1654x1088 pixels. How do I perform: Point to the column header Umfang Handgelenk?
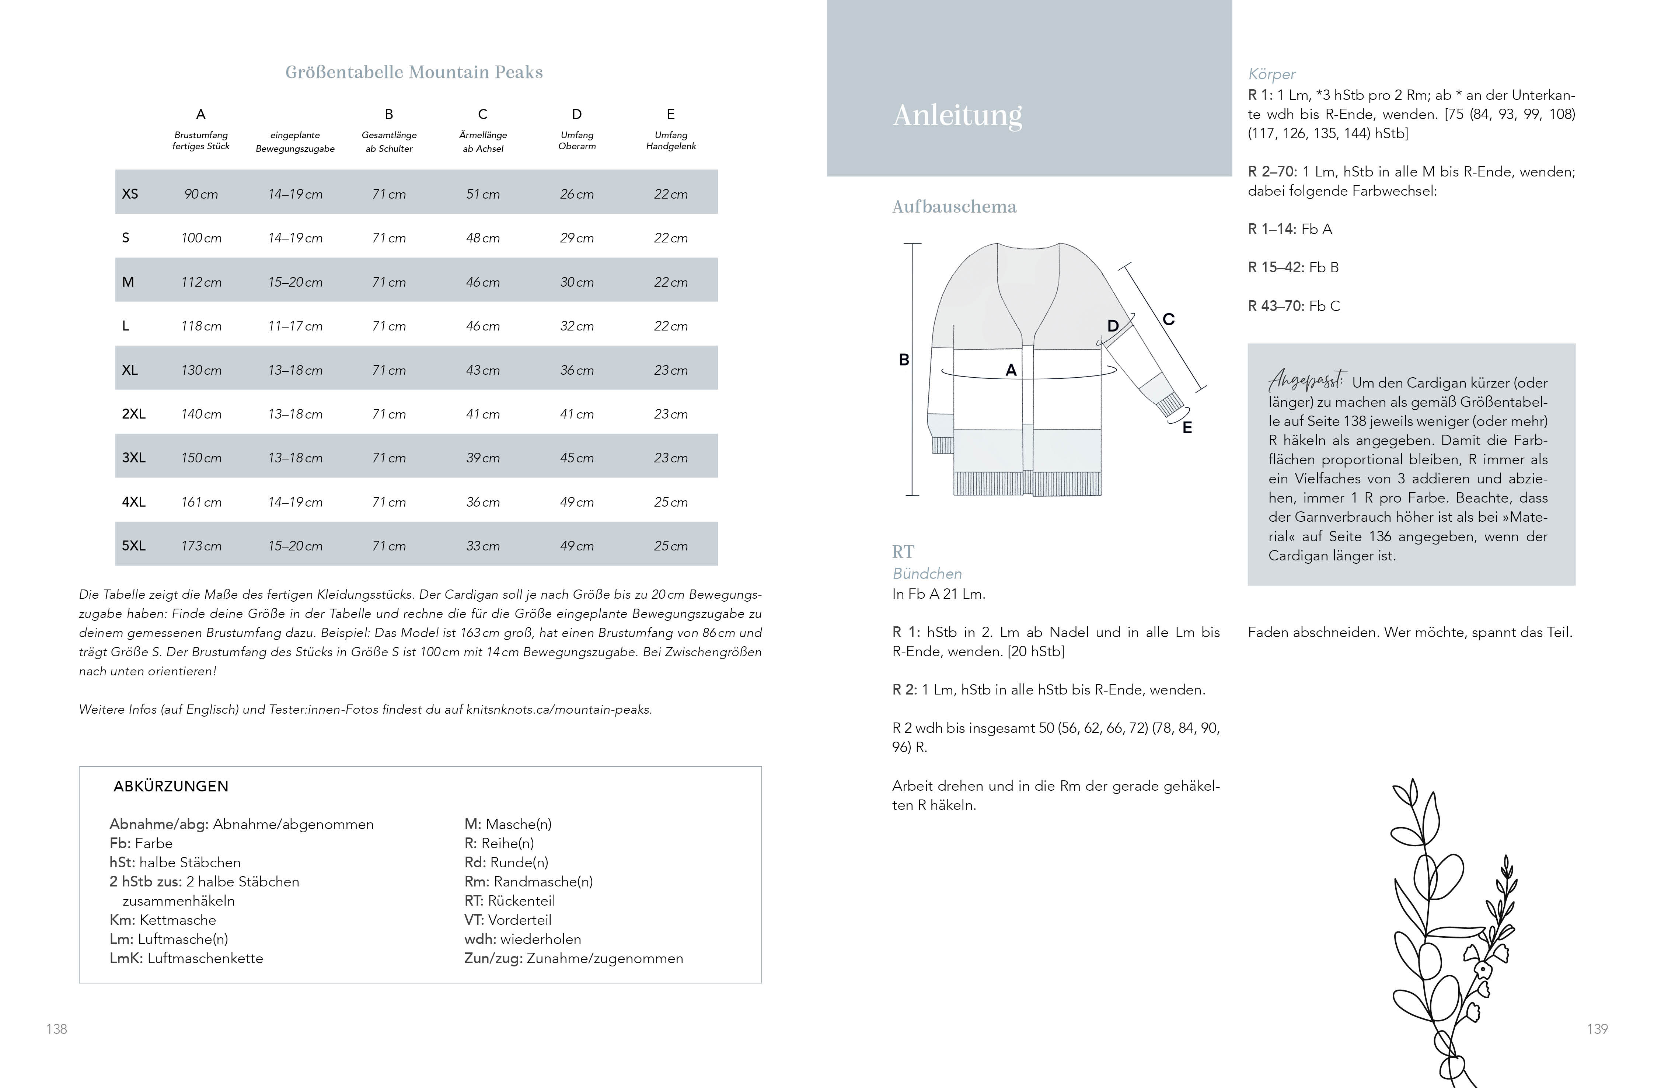coord(671,140)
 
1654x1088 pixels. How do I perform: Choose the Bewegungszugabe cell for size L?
coord(295,326)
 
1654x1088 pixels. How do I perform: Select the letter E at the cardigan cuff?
coord(1187,428)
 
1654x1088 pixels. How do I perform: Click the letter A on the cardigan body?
coord(1011,370)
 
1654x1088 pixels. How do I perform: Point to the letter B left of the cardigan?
coord(904,360)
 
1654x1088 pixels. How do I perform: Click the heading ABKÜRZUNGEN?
coord(171,787)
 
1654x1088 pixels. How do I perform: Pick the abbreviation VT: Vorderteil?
coord(507,920)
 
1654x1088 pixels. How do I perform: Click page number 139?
coord(1597,1029)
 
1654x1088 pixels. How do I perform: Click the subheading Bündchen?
coord(927,574)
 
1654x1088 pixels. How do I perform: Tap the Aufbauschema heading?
coord(954,207)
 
